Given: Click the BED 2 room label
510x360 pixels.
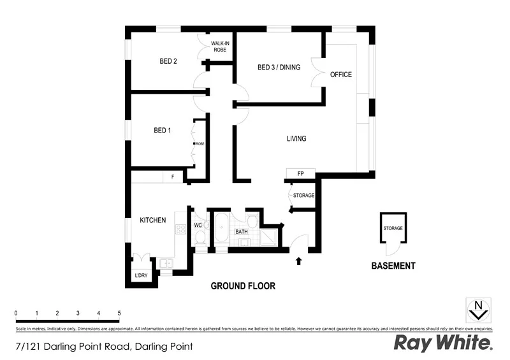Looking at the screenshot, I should pos(168,62).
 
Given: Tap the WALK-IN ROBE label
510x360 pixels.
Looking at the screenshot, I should pos(220,46).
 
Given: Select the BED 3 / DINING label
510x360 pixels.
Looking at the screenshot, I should pos(279,68).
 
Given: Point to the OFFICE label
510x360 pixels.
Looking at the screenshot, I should pos(341,75).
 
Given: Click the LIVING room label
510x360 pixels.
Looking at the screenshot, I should pos(296,138).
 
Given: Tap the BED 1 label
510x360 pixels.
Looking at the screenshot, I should pos(163,131).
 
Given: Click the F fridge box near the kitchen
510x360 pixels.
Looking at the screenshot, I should pos(172,177).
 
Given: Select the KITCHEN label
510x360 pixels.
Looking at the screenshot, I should pos(153,220).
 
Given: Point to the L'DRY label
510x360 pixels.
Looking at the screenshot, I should pos(140,275).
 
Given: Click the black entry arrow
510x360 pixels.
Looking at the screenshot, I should pos(298,260).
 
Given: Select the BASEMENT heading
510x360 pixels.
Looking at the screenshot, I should pos(393,266).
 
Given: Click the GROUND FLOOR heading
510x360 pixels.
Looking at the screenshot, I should pos(243,286).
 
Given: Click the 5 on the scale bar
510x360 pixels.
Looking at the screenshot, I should pos(119,313).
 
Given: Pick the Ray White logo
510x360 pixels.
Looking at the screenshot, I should pos(444,343).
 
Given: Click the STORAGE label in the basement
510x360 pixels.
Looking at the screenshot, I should pos(393,228).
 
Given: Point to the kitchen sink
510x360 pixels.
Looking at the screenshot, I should pos(165,263).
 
